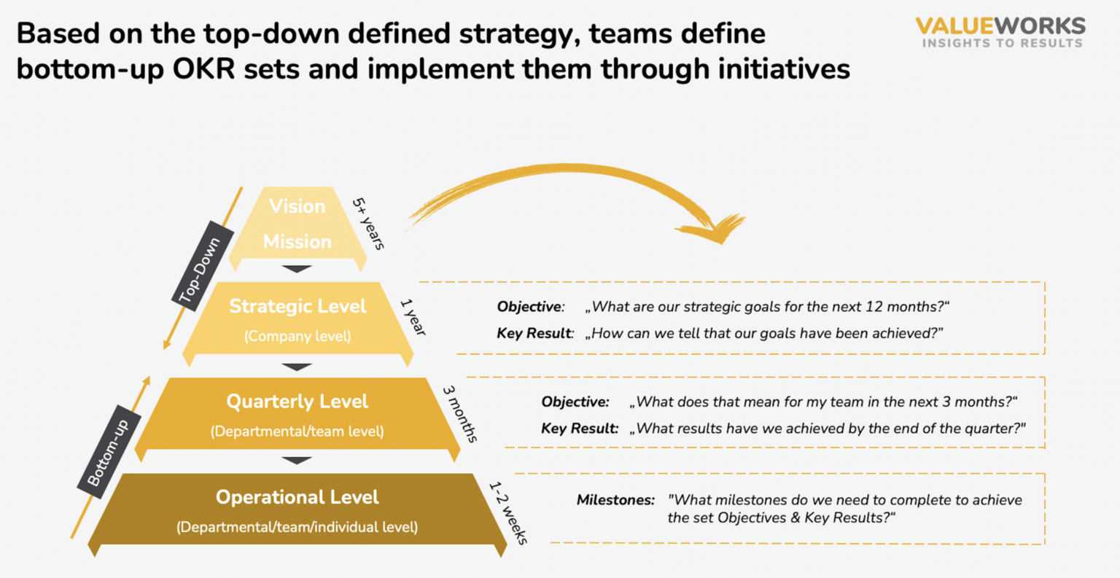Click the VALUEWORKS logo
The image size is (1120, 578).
click(1000, 32)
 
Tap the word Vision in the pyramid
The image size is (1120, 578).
click(297, 206)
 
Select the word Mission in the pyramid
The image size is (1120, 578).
click(297, 241)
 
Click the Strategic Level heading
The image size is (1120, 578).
click(297, 306)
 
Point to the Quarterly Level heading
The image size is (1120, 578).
click(297, 402)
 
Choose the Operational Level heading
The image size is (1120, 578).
click(297, 497)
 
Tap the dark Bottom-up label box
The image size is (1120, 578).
click(109, 452)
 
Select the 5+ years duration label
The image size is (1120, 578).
click(368, 223)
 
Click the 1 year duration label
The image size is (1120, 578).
click(413, 317)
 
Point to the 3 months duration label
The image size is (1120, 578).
click(460, 413)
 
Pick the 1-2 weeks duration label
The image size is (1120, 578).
click(507, 512)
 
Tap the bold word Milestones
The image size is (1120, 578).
click(615, 500)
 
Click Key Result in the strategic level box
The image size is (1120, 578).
click(534, 333)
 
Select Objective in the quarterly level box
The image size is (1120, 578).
click(575, 402)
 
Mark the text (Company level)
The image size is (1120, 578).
click(297, 336)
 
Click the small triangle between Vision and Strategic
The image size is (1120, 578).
click(297, 269)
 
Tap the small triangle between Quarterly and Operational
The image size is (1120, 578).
click(297, 461)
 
